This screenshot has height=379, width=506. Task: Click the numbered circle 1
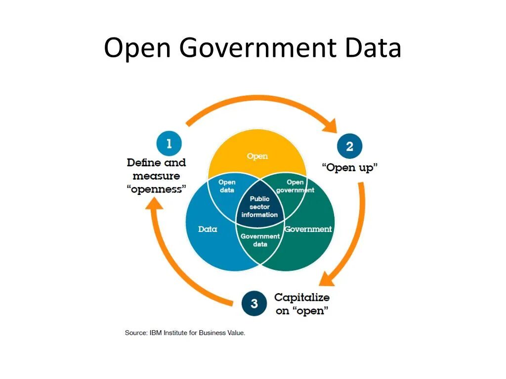pyautogui.click(x=169, y=144)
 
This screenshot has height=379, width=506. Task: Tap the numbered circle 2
pyautogui.click(x=349, y=146)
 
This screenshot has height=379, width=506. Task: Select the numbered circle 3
pyautogui.click(x=254, y=303)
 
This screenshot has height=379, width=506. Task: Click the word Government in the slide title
pyautogui.click(x=258, y=48)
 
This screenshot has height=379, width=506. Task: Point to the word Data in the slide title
pyautogui.click(x=373, y=48)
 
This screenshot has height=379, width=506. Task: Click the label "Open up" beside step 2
pyautogui.click(x=349, y=167)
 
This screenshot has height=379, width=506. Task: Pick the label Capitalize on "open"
pyautogui.click(x=302, y=304)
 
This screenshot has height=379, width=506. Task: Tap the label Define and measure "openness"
pyautogui.click(x=156, y=176)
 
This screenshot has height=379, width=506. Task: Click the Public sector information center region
pyautogui.click(x=259, y=207)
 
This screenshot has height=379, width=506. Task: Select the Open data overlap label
pyautogui.click(x=227, y=186)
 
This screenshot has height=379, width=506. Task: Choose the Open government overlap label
pyautogui.click(x=295, y=186)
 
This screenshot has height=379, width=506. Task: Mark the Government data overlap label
pyautogui.click(x=260, y=240)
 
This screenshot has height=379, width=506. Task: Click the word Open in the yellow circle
pyautogui.click(x=257, y=156)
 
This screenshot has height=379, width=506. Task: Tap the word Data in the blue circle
pyautogui.click(x=208, y=229)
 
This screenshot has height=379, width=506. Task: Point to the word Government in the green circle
pyautogui.click(x=308, y=229)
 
